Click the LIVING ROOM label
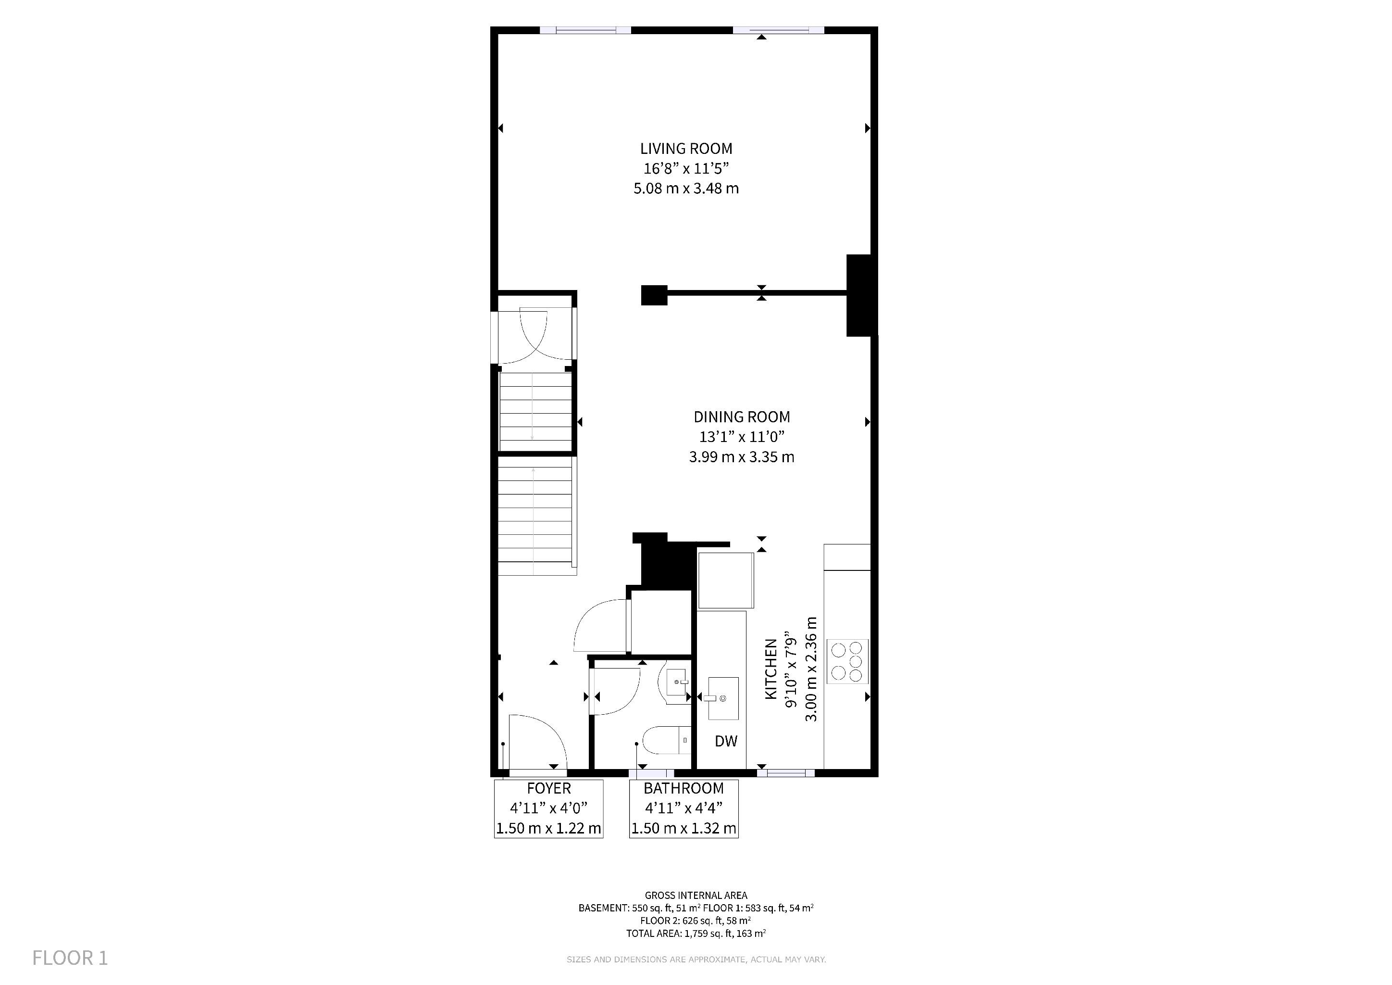point(686,149)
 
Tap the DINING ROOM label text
point(742,417)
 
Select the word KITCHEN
point(771,669)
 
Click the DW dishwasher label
point(726,741)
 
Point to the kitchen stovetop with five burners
point(847,662)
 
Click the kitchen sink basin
point(723,698)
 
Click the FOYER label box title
point(548,788)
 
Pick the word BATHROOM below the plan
point(684,788)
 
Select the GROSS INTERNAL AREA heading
point(696,895)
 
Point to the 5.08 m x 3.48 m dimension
point(686,189)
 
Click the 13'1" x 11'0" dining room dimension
point(742,437)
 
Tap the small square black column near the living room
point(654,295)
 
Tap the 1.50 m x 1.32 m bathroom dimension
point(684,829)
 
